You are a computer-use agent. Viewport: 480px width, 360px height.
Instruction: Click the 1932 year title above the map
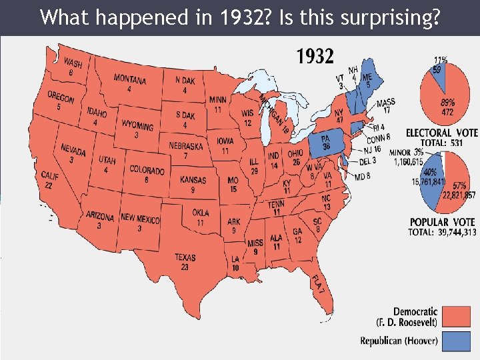[315, 57]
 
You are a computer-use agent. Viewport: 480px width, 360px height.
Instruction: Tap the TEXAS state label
[185, 257]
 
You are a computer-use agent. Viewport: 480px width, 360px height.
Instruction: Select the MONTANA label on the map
[130, 80]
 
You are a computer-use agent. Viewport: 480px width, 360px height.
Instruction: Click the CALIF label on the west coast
[50, 176]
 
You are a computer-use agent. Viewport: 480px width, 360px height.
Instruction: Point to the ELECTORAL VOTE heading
[442, 133]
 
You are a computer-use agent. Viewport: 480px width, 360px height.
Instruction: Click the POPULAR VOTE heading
[442, 222]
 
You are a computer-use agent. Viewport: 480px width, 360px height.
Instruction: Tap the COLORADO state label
[147, 171]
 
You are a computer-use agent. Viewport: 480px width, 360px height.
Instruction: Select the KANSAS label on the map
[193, 180]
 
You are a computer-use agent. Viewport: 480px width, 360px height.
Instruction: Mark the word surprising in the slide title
[392, 17]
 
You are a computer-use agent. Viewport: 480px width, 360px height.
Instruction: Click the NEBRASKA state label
[187, 146]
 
